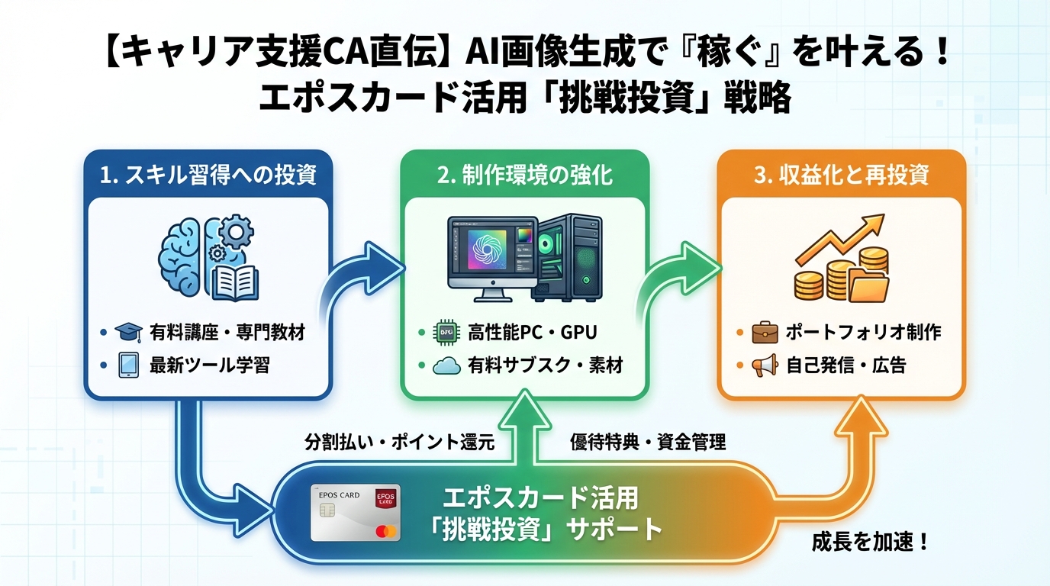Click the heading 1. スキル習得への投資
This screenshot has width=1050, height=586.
[x=208, y=175]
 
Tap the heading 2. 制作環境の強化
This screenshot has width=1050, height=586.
[x=525, y=175]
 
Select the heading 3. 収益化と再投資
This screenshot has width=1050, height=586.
[x=841, y=175]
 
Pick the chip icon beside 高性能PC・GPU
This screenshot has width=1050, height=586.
[x=446, y=333]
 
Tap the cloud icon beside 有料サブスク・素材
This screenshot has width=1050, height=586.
[x=446, y=366]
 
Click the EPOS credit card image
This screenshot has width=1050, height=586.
[x=355, y=512]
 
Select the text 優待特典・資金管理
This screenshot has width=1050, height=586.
[x=648, y=442]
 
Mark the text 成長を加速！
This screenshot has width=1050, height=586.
[x=869, y=544]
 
